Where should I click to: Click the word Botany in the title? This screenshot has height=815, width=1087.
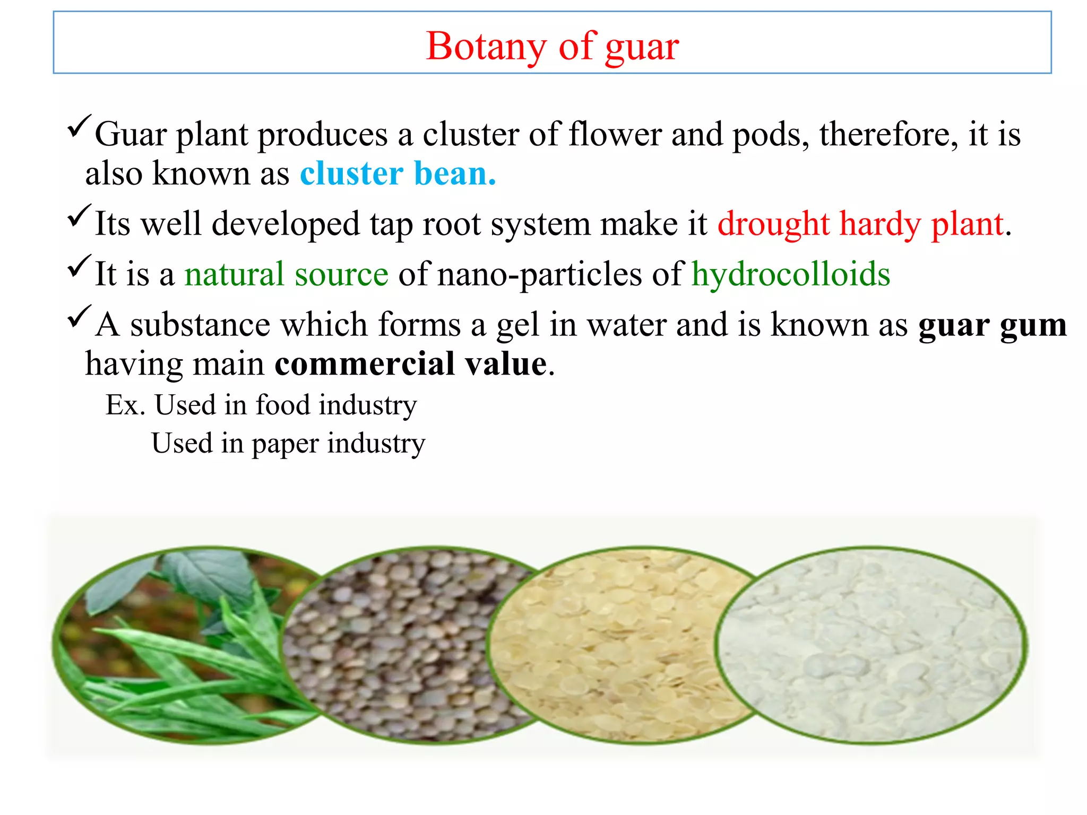pos(485,47)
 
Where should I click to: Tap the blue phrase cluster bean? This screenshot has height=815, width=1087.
pos(398,174)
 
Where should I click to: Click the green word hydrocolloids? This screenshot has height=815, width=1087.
pos(790,274)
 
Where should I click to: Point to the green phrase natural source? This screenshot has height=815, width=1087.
pos(286,274)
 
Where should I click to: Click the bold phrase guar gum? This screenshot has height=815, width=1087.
pos(992,325)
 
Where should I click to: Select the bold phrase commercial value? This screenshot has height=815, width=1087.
pos(411,365)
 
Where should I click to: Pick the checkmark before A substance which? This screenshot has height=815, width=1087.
pos(80,317)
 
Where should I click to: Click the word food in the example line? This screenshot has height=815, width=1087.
pos(282,405)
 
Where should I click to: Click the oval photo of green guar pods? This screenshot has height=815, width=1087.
pos(175,645)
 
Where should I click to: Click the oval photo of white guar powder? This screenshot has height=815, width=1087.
pos(870,645)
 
